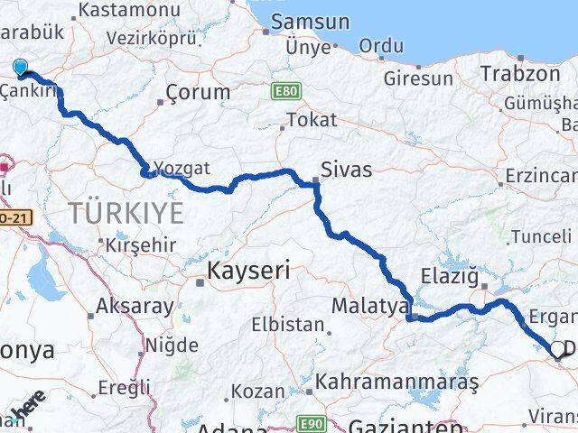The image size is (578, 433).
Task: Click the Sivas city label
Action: point(347,169)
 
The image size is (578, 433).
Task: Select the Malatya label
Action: point(369,306)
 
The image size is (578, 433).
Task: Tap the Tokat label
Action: point(312,119)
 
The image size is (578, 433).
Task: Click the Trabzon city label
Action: point(521,74)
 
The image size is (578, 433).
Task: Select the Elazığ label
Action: point(449,275)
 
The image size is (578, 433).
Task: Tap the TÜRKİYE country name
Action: point(126,213)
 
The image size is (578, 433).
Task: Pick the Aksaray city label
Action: point(135,306)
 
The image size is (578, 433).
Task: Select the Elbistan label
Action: point(288,324)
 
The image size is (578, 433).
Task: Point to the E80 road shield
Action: point(284,90)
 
